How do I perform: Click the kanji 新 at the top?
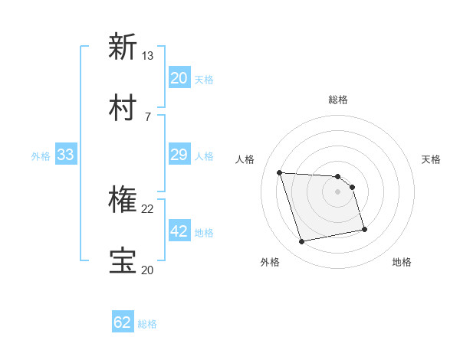pos(123,47)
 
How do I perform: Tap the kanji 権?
pos(123,200)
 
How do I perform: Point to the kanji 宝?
pos(123,261)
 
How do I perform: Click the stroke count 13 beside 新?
pos(148,56)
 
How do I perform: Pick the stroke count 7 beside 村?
pos(148,116)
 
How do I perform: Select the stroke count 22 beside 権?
pos(148,208)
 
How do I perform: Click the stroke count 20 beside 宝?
pos(148,270)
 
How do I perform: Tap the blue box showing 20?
pos(179,78)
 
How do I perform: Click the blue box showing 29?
pos(179,155)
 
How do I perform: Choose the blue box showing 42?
pos(179,231)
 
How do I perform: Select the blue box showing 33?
pos(66,155)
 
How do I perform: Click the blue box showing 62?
pos(123,322)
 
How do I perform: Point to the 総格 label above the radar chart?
pos(338,100)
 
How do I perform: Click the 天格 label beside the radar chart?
pos(432,159)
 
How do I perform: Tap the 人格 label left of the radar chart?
pos(245,159)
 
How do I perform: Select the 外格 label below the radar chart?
pos(269,262)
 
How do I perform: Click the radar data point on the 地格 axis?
pos(364,229)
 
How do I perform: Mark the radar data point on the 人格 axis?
pos(280,172)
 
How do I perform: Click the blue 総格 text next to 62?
pos(148,324)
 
